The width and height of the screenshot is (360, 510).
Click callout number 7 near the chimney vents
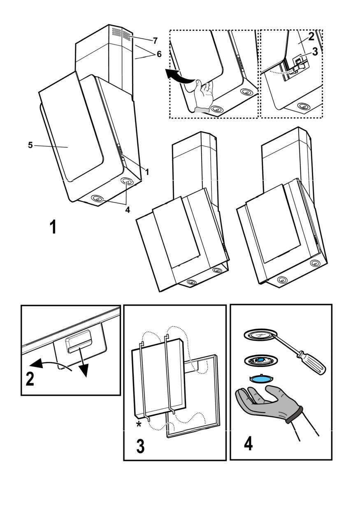point(155,41)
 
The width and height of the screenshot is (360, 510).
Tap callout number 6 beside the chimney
point(159,54)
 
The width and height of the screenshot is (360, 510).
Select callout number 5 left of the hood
point(30,145)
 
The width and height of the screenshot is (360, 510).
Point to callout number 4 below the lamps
point(128,210)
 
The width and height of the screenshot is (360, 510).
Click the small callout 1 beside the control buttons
point(147,172)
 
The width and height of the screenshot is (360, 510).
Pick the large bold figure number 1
point(53,227)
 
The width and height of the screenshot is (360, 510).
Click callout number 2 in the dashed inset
point(311,37)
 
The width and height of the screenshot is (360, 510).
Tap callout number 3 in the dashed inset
point(315,51)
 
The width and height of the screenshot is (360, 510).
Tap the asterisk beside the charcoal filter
point(138,424)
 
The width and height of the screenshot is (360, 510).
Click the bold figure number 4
point(248,443)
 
